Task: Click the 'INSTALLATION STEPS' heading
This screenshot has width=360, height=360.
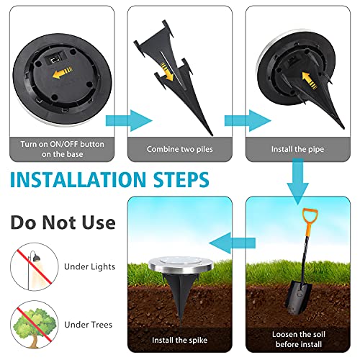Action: (x=110, y=179)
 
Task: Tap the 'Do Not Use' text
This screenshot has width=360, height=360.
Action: (x=62, y=220)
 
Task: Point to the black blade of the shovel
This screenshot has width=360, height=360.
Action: (x=298, y=296)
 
